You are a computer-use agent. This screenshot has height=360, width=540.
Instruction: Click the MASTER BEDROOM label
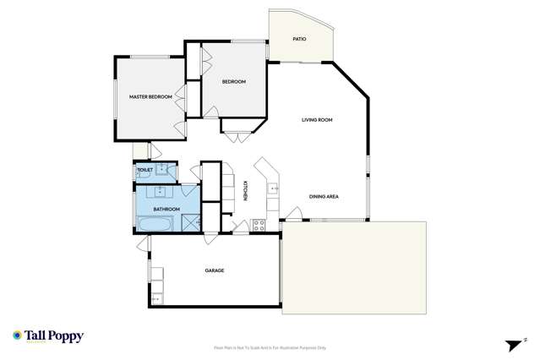point(150,97)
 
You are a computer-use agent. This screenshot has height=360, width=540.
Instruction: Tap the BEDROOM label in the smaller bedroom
point(233,81)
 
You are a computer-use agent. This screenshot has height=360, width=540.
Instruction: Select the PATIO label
point(299,39)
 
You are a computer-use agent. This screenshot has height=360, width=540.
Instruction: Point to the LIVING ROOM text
point(317,120)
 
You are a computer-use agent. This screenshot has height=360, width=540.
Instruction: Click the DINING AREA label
point(324,197)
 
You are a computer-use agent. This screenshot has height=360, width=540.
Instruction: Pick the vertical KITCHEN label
point(245,192)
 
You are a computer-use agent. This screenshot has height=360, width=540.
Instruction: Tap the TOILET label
point(145,171)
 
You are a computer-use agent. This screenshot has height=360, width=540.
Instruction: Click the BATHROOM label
point(166,209)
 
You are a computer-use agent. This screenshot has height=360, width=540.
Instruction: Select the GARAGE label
point(214,270)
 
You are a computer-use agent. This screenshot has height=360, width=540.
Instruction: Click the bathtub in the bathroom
point(155,224)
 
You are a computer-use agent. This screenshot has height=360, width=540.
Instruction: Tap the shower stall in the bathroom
point(190,222)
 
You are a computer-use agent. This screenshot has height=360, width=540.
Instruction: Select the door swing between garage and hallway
point(208,239)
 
